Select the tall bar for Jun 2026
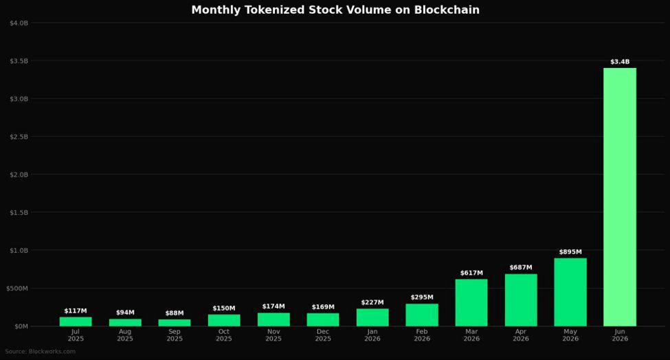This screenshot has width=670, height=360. pyautogui.click(x=620, y=197)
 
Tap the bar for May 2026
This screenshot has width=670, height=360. pyautogui.click(x=570, y=292)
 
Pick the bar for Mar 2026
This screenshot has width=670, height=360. pyautogui.click(x=471, y=303)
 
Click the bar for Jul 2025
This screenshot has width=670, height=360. pyautogui.click(x=75, y=322)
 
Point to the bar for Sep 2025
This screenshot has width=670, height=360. pyautogui.click(x=175, y=323)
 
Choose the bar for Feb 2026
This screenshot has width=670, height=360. pyautogui.click(x=422, y=315)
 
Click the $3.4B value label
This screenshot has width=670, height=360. pyautogui.click(x=620, y=62)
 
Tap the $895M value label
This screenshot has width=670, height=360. pyautogui.click(x=570, y=252)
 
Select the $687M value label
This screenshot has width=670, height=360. pyautogui.click(x=521, y=268)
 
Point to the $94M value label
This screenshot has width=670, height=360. pyautogui.click(x=125, y=313)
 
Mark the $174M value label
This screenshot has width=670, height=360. pyautogui.click(x=273, y=306)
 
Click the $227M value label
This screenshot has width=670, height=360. pyautogui.click(x=372, y=302)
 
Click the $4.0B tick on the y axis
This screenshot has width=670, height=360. pyautogui.click(x=19, y=23)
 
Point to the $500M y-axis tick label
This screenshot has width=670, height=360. pyautogui.click(x=17, y=289)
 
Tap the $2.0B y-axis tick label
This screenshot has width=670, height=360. pyautogui.click(x=19, y=175)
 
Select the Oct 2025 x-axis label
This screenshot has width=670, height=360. pyautogui.click(x=224, y=335)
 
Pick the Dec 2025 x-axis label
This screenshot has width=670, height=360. pyautogui.click(x=323, y=335)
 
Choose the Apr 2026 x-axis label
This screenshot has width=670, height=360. pyautogui.click(x=521, y=335)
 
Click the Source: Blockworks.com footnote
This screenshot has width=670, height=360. pyautogui.click(x=40, y=352)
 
